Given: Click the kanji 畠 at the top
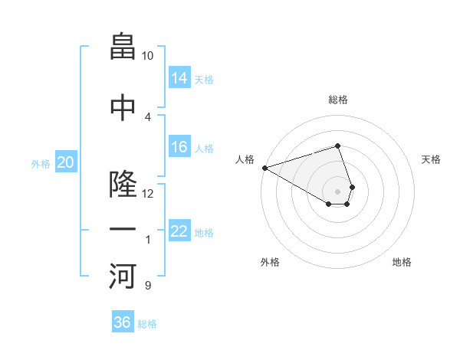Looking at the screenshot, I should coord(123,47).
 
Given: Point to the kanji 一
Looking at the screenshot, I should coord(123,230).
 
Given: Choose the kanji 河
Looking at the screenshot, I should coord(123,277).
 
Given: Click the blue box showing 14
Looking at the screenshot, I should coord(179,78).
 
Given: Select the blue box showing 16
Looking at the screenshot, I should coord(179,147).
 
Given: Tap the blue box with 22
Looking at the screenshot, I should coord(179,231).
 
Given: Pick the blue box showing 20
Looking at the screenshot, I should coord(66,162).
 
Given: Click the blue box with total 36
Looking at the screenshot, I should coord(123,322).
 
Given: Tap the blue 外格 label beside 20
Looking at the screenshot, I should coord(41,163).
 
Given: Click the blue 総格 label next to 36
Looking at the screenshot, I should coord(147,324).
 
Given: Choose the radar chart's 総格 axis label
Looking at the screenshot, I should coord(337,100).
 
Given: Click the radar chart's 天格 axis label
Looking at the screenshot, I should coord(432,159).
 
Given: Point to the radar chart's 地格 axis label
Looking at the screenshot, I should coord(402,263).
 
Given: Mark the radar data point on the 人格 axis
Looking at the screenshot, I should coord(264,167).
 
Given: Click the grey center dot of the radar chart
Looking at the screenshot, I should coord(337,191).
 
